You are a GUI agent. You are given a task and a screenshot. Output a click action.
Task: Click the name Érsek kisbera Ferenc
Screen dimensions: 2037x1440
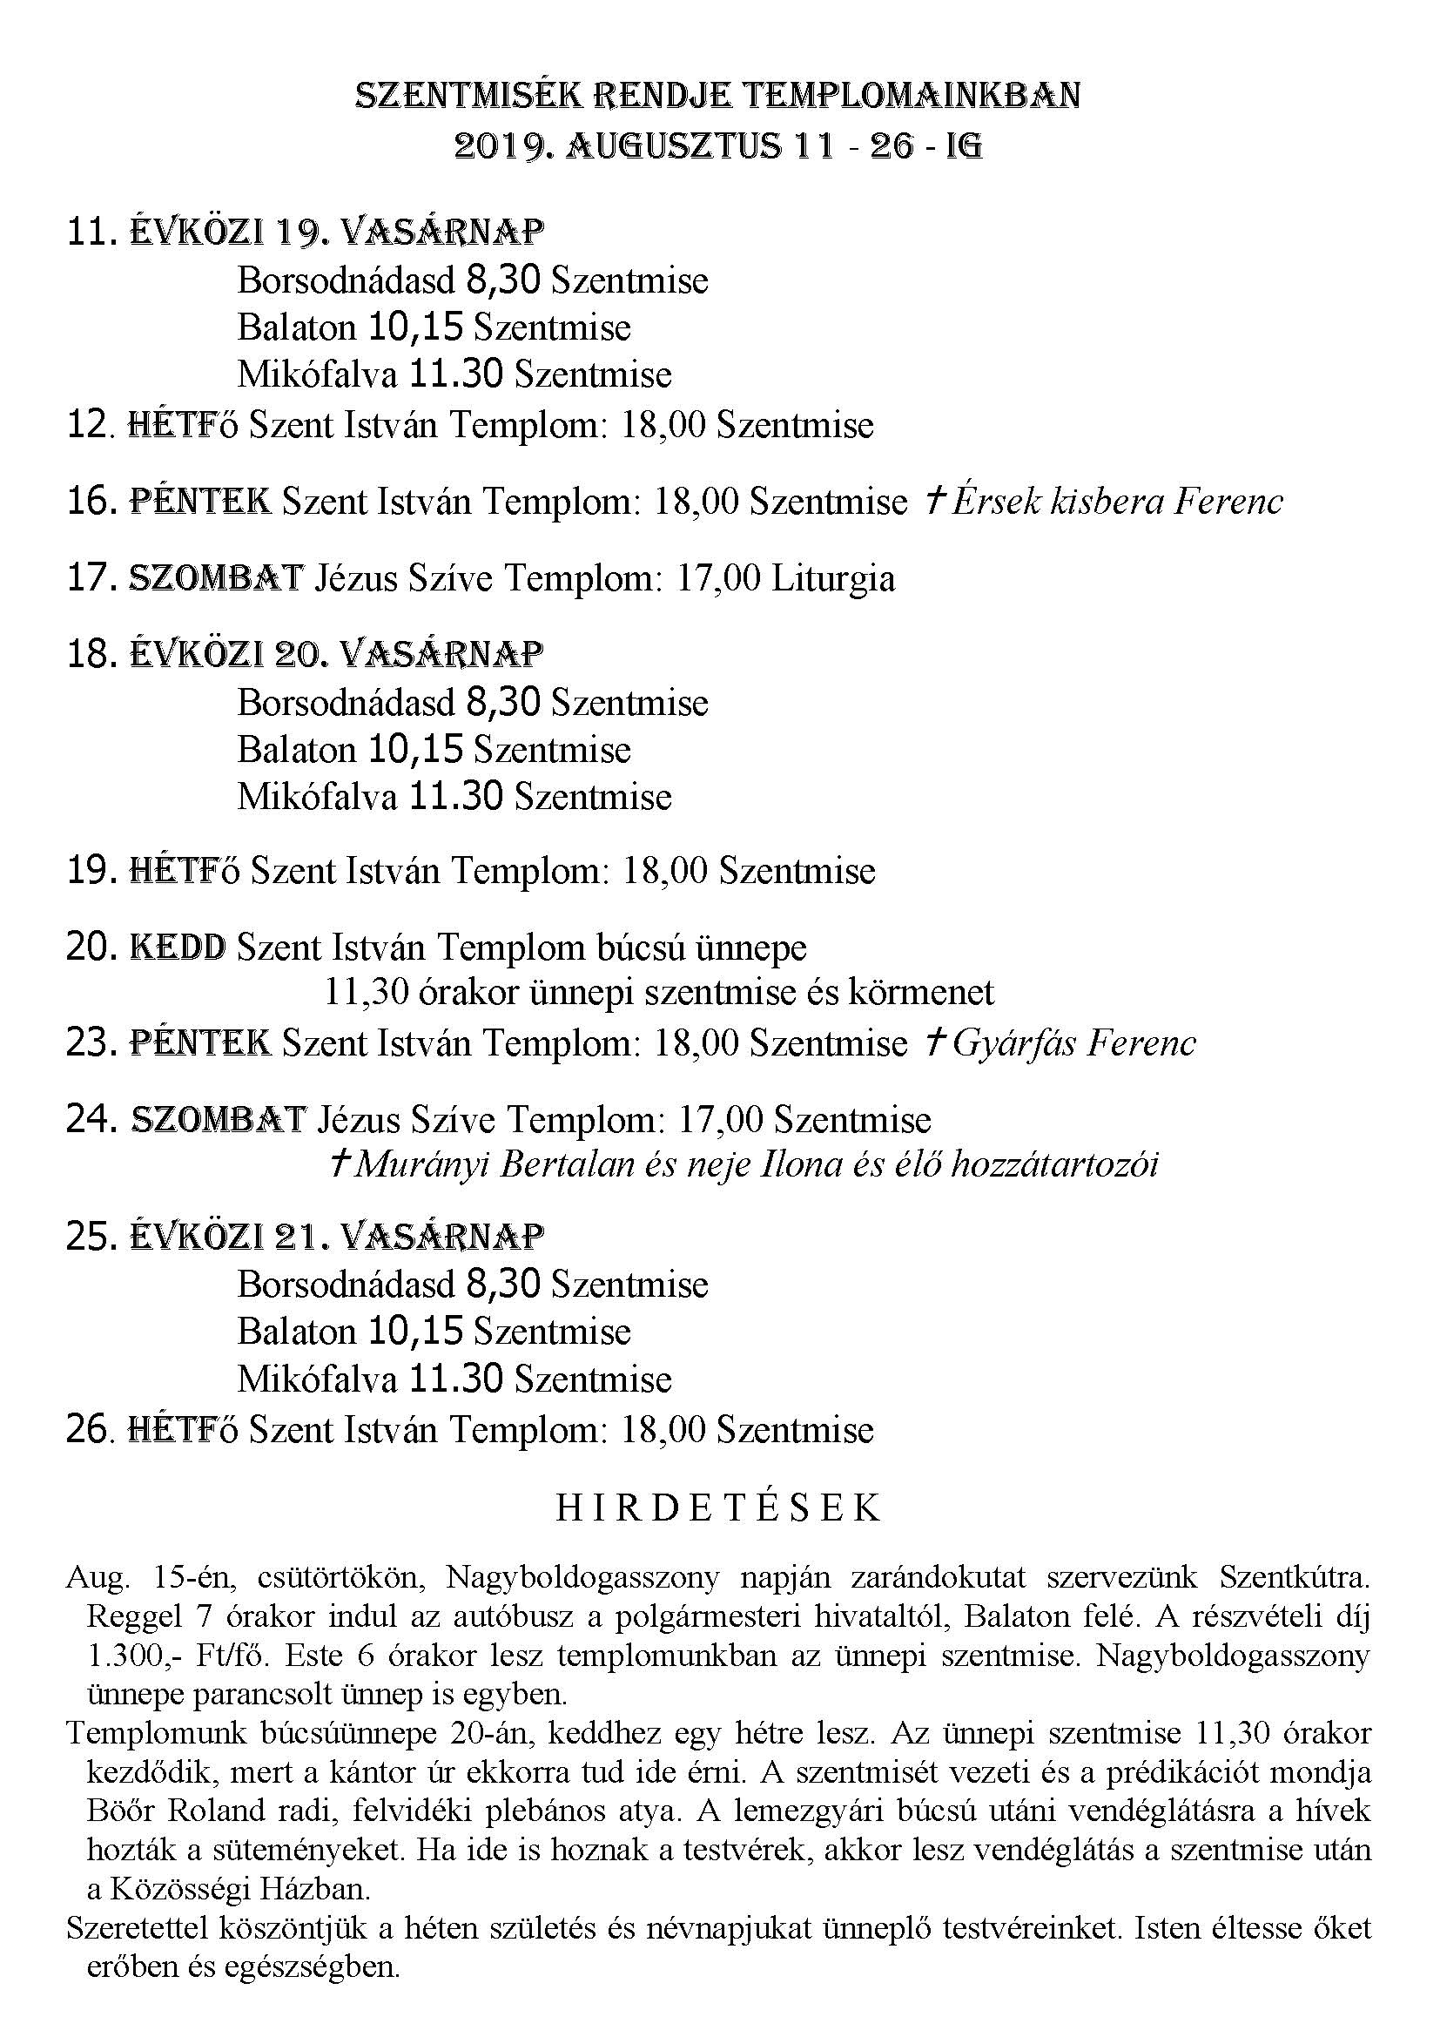1114,503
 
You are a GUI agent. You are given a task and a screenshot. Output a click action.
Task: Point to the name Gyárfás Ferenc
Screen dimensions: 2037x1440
1073,1042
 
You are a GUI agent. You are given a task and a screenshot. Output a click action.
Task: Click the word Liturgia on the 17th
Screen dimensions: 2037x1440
832,578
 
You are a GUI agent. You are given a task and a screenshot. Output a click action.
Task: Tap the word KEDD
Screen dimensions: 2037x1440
178,948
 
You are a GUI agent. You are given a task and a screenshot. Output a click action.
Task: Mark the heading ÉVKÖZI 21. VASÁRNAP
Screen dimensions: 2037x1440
337,1236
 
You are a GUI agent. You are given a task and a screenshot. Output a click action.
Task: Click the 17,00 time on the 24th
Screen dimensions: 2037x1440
719,1120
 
